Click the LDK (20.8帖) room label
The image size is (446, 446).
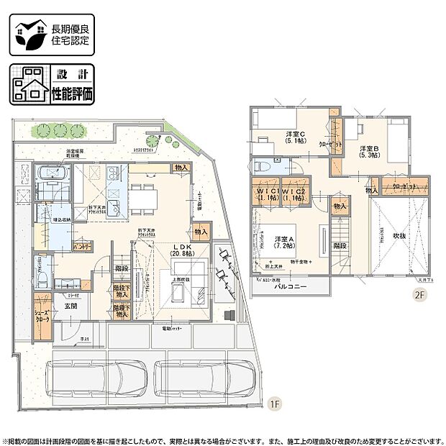[179, 250]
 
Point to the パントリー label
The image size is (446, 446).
[81, 246]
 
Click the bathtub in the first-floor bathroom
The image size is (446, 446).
[53, 175]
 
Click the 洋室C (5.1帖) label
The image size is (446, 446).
[295, 137]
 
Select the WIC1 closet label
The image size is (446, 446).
[268, 194]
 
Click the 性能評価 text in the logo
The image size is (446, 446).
[72, 93]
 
